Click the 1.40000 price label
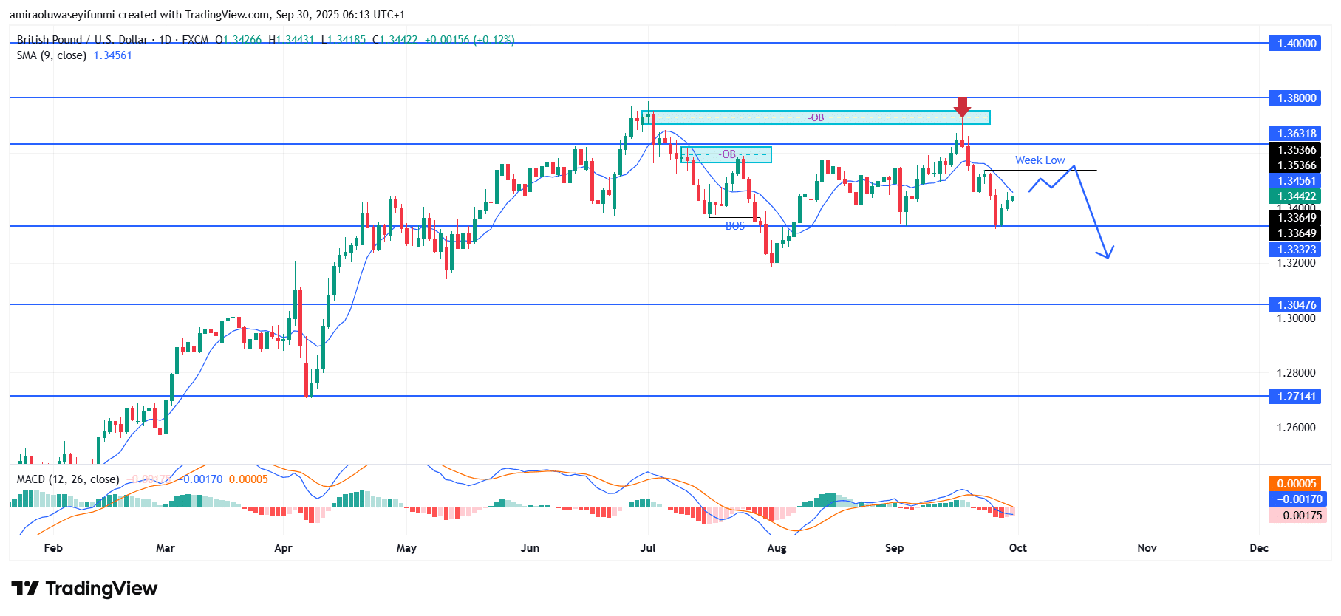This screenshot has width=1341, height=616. pyautogui.click(x=1297, y=44)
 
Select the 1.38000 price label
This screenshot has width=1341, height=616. pyautogui.click(x=1297, y=97)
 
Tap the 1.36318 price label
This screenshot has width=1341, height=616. pyautogui.click(x=1297, y=134)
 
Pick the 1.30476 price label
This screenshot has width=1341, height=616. pyautogui.click(x=1297, y=304)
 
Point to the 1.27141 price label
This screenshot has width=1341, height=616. pyautogui.click(x=1297, y=397)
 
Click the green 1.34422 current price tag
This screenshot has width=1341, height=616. pyautogui.click(x=1297, y=196)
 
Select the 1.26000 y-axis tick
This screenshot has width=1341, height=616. pyautogui.click(x=1297, y=428)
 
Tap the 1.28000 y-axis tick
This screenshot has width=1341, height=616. pyautogui.click(x=1297, y=373)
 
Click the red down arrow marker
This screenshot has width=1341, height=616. pyautogui.click(x=961, y=107)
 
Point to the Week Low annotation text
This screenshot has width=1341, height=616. pyautogui.click(x=1040, y=160)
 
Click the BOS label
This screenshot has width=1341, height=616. pyautogui.click(x=735, y=226)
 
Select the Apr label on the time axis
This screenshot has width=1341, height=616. pyautogui.click(x=283, y=548)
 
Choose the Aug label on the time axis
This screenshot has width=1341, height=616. pyautogui.click(x=777, y=548)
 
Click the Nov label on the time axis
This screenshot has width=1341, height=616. pyautogui.click(x=1147, y=548)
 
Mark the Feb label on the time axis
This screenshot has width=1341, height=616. pyautogui.click(x=53, y=548)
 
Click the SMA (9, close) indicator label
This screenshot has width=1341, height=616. pyautogui.click(x=52, y=55)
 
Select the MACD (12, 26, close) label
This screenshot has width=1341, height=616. pyautogui.click(x=68, y=479)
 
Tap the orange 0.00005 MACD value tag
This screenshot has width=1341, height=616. pyautogui.click(x=1297, y=484)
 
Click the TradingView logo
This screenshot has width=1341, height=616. pyautogui.click(x=84, y=589)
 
